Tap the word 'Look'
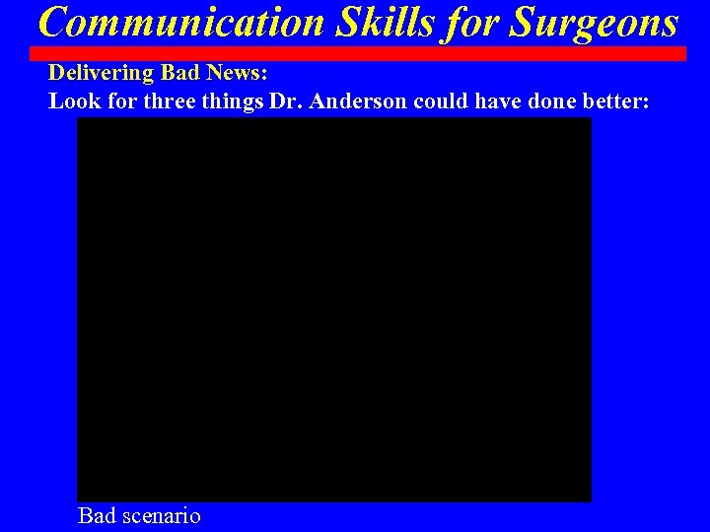tap(69, 100)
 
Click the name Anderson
tap(353, 100)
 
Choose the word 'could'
tap(437, 100)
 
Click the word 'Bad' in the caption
tap(97, 515)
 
